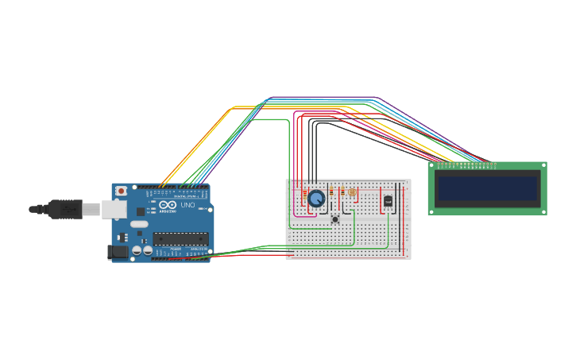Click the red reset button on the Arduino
121,192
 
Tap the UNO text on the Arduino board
188,205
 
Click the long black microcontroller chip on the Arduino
180,238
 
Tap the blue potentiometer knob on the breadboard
316,198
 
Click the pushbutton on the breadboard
336,218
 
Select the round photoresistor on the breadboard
353,192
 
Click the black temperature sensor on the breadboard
388,200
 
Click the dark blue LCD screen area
487,188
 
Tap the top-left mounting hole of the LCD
433,167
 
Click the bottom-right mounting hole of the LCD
543,211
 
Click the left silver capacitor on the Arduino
137,250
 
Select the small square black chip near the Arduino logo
141,211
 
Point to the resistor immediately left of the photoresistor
342,192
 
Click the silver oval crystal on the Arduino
138,225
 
